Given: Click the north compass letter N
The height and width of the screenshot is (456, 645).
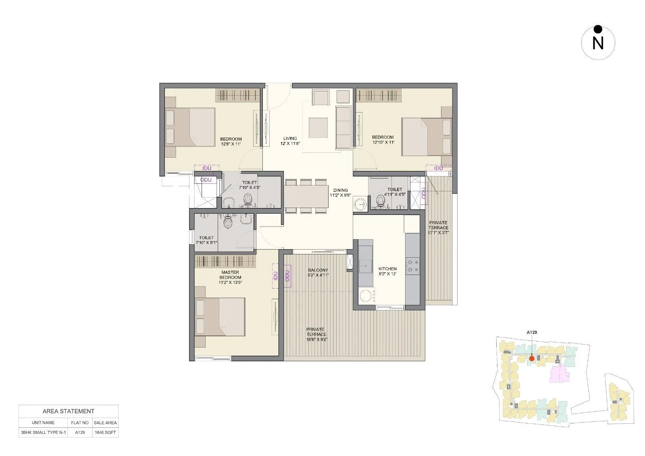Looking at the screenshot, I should pyautogui.click(x=598, y=43).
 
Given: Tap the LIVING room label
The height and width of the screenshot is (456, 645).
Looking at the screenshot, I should pyautogui.click(x=290, y=138).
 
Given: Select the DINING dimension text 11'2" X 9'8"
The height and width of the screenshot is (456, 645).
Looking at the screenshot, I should pyautogui.click(x=340, y=195).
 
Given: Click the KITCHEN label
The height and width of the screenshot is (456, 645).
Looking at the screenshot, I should pyautogui.click(x=387, y=269).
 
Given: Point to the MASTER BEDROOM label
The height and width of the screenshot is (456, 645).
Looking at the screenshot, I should pyautogui.click(x=230, y=275).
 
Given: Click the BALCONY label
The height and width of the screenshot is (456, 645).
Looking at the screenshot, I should pyautogui.click(x=318, y=270).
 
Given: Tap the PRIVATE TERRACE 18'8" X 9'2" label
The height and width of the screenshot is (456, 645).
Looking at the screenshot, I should pyautogui.click(x=316, y=334).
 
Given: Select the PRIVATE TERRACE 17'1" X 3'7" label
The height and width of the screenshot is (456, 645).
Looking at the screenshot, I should pyautogui.click(x=438, y=227).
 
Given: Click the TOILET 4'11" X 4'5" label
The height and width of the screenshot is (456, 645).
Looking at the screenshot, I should pyautogui.click(x=395, y=192).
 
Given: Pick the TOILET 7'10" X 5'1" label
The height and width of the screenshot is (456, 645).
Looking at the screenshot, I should pyautogui.click(x=206, y=240).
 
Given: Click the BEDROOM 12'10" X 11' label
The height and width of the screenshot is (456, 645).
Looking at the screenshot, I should pyautogui.click(x=383, y=140).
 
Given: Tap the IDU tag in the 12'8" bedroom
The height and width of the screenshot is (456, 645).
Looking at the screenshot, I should pyautogui.click(x=206, y=168).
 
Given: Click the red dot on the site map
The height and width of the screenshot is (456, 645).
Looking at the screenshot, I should pyautogui.click(x=532, y=358).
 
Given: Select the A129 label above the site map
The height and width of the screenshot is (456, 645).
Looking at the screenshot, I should pyautogui.click(x=532, y=332).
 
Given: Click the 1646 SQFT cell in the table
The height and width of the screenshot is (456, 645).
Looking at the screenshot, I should pyautogui.click(x=105, y=432).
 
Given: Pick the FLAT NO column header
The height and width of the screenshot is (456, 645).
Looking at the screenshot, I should pyautogui.click(x=80, y=423).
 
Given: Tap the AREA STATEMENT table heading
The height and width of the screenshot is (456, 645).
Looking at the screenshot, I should pyautogui.click(x=69, y=411).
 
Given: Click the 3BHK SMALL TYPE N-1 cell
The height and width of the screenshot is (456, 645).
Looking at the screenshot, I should pyautogui.click(x=43, y=432).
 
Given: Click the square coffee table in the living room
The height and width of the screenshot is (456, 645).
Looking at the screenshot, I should pyautogui.click(x=318, y=127).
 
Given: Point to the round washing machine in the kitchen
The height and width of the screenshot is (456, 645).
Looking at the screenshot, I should pyautogui.click(x=366, y=296).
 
